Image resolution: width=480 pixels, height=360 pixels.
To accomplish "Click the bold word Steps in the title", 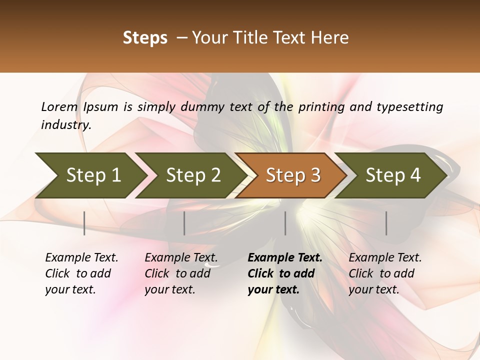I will [x=145, y=38].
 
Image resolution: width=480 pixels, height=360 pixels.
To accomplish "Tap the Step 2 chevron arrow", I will [x=193, y=175].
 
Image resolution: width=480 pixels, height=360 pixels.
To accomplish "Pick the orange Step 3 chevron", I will [x=293, y=175].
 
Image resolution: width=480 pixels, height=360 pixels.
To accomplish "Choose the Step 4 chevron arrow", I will [x=393, y=175].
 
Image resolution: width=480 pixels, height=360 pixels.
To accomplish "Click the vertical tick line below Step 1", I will [x=84, y=223].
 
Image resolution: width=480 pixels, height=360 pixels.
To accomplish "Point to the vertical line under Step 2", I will [x=184, y=223].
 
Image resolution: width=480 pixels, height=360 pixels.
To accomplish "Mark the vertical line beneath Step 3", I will [x=285, y=223].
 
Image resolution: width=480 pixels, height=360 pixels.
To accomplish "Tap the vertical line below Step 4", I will [x=386, y=223].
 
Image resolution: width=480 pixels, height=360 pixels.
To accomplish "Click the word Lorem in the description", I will [x=59, y=106].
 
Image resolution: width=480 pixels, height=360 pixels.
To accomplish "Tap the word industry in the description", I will [x=66, y=125].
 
